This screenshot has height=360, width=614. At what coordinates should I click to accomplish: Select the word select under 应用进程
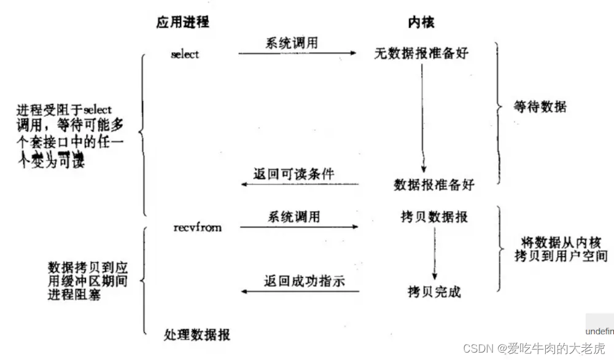(185, 54)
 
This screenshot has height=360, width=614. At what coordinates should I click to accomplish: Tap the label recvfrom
(197, 229)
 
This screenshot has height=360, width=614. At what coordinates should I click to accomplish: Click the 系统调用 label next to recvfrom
(293, 217)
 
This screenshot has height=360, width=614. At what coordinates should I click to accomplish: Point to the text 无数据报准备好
(421, 53)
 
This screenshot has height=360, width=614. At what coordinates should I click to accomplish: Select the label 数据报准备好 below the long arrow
(434, 183)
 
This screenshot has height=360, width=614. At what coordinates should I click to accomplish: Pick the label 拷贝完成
(434, 291)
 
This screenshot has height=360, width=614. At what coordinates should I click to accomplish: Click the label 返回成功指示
(305, 281)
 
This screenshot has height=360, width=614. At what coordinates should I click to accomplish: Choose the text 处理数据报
(198, 335)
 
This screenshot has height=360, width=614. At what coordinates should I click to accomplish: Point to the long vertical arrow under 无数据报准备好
(423, 117)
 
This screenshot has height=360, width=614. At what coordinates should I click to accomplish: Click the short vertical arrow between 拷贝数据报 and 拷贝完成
(434, 254)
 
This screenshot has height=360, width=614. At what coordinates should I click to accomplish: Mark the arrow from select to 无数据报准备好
(297, 53)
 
